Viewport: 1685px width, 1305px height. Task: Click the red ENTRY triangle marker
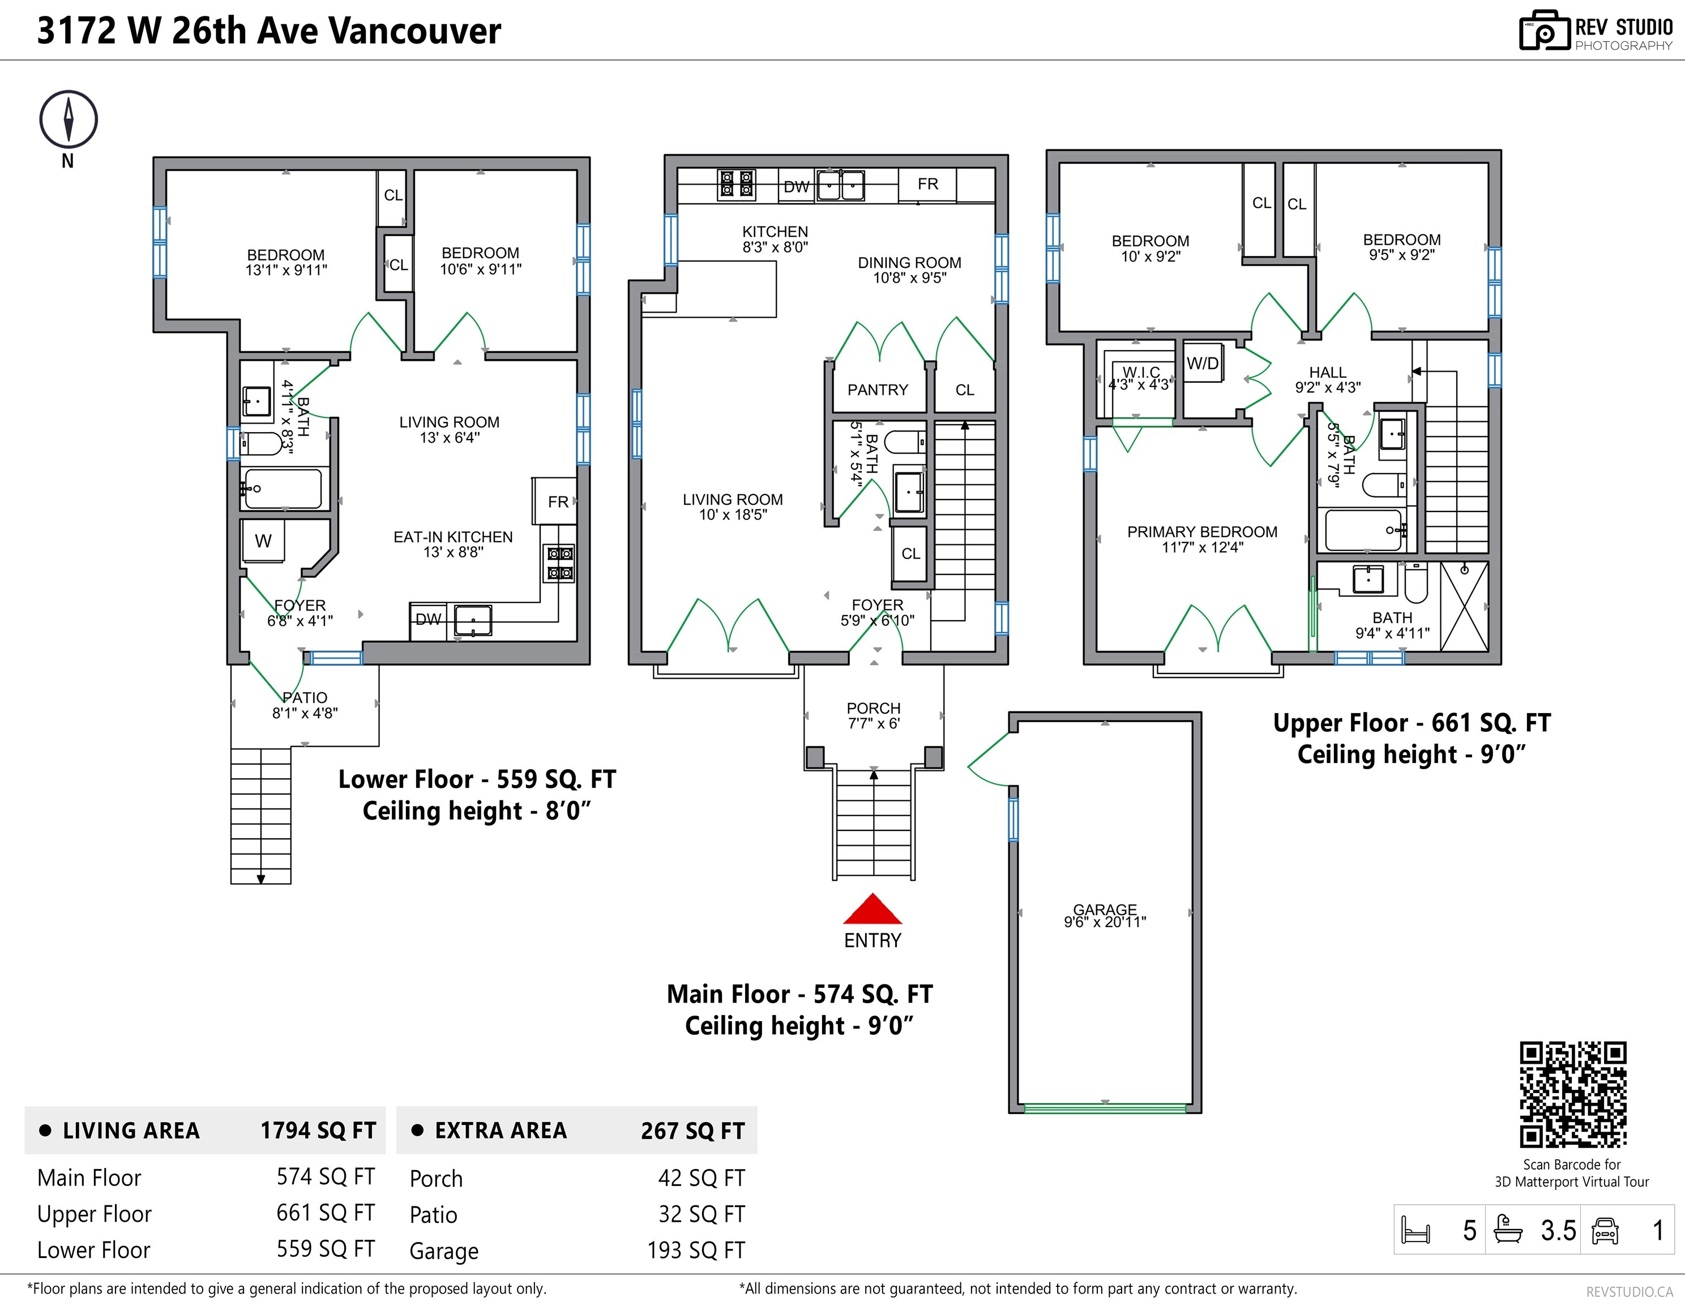[x=873, y=910]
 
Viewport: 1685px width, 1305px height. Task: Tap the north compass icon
[x=69, y=120]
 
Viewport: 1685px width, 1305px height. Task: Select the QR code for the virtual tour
[x=1572, y=1094]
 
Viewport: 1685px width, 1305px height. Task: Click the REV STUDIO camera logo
[x=1544, y=31]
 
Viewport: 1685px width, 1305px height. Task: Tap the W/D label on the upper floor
[x=1202, y=364]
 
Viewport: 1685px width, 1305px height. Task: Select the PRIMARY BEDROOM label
[x=1202, y=532]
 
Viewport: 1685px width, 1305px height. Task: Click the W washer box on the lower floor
[x=263, y=541]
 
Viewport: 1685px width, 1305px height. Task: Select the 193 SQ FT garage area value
[x=696, y=1250]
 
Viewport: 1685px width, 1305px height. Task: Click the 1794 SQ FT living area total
[x=318, y=1131]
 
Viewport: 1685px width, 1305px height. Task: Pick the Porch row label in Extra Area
[x=436, y=1179]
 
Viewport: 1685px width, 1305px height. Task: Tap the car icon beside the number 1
[x=1605, y=1230]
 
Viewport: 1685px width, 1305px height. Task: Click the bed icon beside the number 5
[x=1415, y=1230]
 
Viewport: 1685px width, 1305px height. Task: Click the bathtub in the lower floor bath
[x=283, y=488]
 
